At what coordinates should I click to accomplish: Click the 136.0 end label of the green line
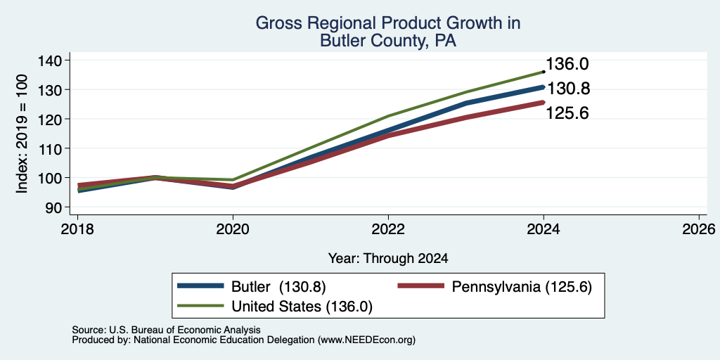[x=567, y=64]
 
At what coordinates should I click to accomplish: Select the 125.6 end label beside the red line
[x=567, y=113]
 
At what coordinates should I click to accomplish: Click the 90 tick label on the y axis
[x=54, y=207]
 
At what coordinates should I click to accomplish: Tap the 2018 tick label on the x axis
[x=77, y=229]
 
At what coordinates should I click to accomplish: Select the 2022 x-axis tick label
[x=388, y=229]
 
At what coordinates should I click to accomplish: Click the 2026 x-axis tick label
[x=699, y=229]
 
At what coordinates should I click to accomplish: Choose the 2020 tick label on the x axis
[x=233, y=229]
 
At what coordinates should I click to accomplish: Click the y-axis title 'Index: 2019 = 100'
[x=22, y=134]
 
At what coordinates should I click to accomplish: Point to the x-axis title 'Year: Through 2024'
[x=388, y=259]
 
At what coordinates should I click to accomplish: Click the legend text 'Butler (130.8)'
[x=278, y=287]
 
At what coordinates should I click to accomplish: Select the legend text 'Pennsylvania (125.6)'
[x=522, y=287]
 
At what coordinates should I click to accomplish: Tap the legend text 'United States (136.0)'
[x=302, y=307]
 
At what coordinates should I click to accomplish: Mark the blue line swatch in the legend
[x=200, y=285]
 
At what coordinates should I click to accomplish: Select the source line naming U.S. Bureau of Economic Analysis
[x=166, y=330]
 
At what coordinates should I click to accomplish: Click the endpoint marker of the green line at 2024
[x=544, y=72]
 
